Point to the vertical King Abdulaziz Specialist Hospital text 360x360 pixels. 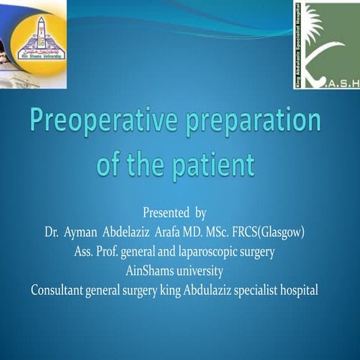[x=299, y=43]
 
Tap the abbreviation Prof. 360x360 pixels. [x=109, y=251]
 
